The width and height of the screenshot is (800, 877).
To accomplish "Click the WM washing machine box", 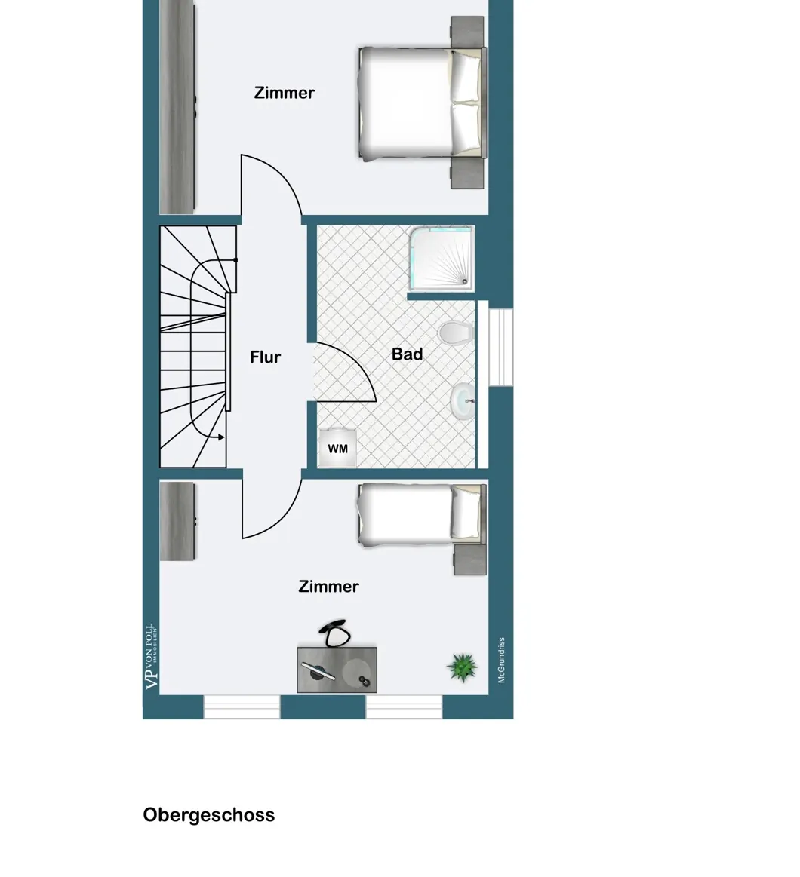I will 337,449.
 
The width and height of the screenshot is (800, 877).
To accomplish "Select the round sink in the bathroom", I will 462,400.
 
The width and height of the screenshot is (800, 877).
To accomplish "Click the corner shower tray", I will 442,257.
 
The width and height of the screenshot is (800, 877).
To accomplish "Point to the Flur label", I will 265,357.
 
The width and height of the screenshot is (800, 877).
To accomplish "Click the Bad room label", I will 407,354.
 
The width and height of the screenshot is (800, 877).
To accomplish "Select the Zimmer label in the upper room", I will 284,93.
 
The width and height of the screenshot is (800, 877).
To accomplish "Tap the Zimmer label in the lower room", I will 328,587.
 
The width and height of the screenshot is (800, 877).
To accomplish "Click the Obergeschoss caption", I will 209,815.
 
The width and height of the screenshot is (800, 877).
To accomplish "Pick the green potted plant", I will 462,667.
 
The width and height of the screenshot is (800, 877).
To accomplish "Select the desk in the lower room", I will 337,669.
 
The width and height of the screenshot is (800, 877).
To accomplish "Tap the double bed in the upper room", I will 421,103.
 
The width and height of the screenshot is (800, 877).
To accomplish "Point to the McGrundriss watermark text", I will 501,661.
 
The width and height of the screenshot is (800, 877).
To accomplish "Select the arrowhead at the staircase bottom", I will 220,437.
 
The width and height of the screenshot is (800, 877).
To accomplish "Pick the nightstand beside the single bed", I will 469,559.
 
